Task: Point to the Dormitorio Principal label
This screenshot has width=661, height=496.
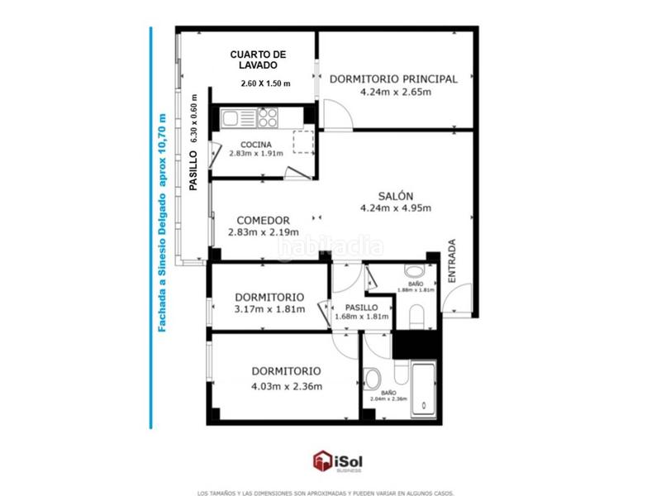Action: tap(393, 79)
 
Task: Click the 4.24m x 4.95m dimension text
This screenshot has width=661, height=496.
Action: tap(396, 208)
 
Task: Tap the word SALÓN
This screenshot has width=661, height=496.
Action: tap(396, 196)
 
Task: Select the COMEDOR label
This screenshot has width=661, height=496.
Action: tap(262, 220)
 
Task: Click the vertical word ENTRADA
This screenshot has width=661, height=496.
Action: tap(452, 262)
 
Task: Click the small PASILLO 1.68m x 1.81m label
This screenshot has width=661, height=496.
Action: tap(360, 311)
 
